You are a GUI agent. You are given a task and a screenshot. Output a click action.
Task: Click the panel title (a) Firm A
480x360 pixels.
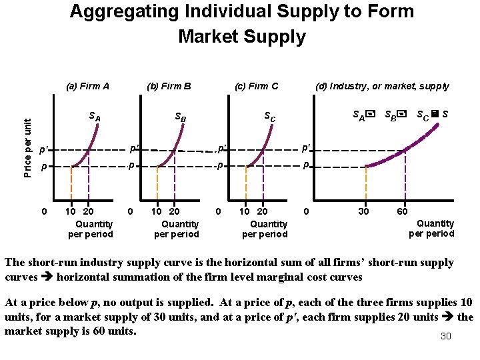[x=88, y=86]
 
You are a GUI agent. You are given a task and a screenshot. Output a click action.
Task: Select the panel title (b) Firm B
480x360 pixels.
[x=169, y=86]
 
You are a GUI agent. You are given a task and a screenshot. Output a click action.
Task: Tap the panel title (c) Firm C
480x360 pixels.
[x=257, y=86]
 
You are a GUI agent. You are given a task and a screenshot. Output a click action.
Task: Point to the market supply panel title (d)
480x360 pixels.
[x=382, y=86]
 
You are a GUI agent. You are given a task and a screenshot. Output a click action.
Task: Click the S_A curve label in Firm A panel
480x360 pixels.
[x=95, y=117]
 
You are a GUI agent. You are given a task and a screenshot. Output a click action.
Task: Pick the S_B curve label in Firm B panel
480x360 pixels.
[x=180, y=118]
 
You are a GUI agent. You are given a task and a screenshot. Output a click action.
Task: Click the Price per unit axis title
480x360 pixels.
[x=27, y=147]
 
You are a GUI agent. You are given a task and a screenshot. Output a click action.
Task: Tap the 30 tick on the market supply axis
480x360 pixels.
[x=363, y=212]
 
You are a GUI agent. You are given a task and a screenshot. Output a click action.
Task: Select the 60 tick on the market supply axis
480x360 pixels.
[x=403, y=212]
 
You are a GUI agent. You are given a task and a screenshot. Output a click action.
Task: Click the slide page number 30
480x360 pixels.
[x=446, y=336]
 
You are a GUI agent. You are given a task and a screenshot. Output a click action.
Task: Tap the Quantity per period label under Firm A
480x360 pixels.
[x=91, y=229]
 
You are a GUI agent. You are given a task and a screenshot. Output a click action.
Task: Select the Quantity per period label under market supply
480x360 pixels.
[x=431, y=228]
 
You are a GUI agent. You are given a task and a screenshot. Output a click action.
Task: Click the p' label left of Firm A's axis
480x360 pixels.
[x=43, y=150]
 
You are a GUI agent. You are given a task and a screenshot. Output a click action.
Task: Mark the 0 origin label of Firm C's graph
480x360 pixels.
[x=219, y=212]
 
